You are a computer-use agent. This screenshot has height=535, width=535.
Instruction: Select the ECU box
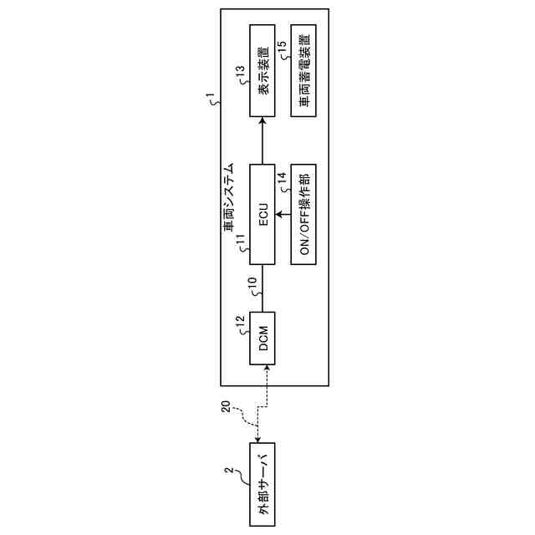click(262, 215)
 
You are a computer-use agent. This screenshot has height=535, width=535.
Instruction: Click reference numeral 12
click(241, 320)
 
